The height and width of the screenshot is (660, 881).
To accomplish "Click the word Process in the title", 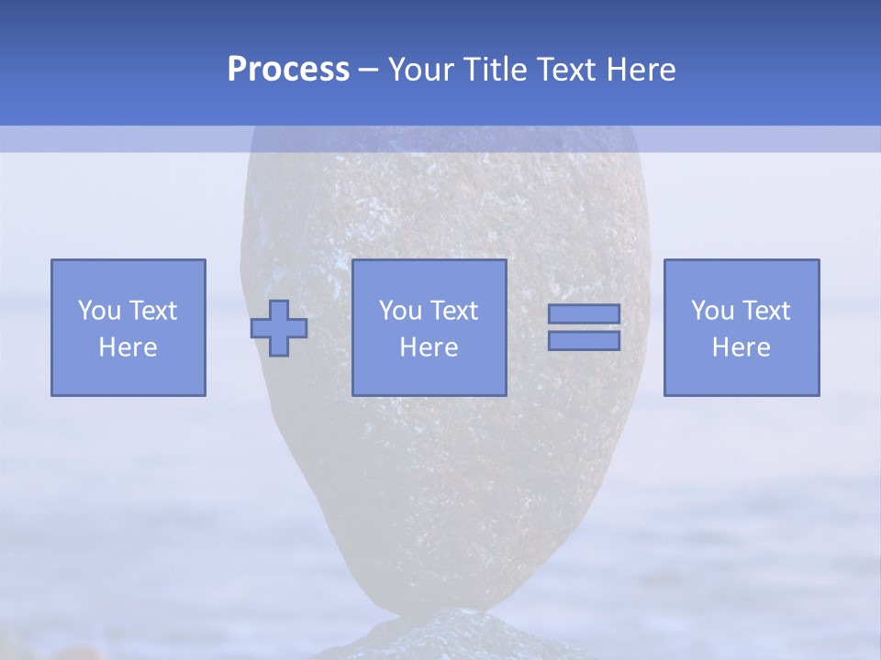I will pyautogui.click(x=288, y=70).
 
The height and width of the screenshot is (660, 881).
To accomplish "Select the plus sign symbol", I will pyautogui.click(x=280, y=328).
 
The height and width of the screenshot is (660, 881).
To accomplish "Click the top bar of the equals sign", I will pyautogui.click(x=584, y=313).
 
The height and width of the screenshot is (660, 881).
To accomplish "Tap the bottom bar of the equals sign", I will pyautogui.click(x=584, y=341).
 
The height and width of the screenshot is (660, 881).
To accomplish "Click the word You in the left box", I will pyautogui.click(x=99, y=311).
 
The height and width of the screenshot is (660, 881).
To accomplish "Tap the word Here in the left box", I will pyautogui.click(x=128, y=347).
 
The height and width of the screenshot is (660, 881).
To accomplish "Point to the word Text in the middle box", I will pyautogui.click(x=455, y=311).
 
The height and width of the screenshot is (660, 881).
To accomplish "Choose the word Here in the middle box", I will pyautogui.click(x=429, y=347).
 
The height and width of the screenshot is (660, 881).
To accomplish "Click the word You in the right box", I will pyautogui.click(x=712, y=311).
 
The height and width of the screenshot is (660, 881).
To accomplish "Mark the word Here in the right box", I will pyautogui.click(x=742, y=347).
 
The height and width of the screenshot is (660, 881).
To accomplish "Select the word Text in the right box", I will pyautogui.click(x=767, y=311).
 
